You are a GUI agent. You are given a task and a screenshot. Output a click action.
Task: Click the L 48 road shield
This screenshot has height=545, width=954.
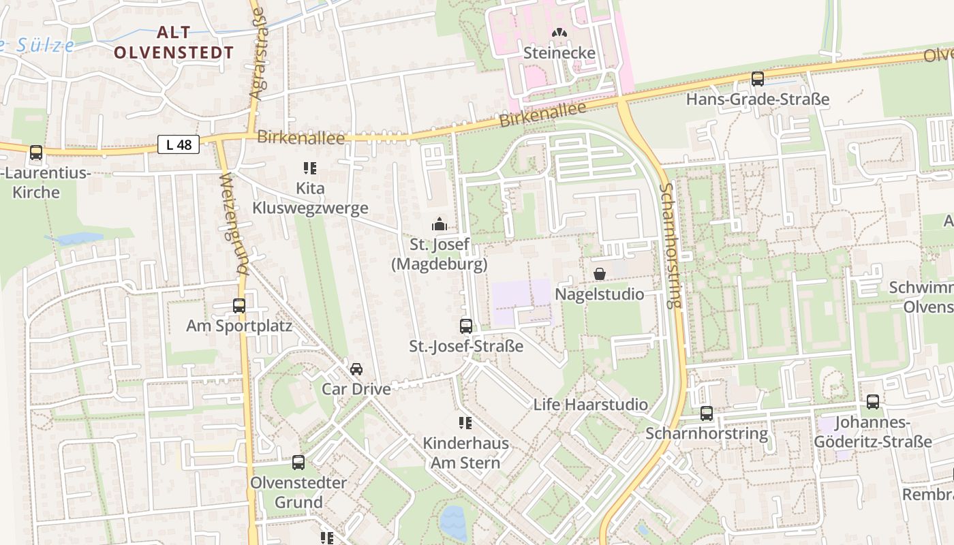tap(179, 144)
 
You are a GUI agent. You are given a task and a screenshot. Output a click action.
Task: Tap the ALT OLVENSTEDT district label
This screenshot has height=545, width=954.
tap(174, 42)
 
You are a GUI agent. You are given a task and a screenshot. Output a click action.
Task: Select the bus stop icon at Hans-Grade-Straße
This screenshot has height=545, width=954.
tap(757, 78)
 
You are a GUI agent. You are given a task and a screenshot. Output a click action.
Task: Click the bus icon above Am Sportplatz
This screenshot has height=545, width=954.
tap(238, 305)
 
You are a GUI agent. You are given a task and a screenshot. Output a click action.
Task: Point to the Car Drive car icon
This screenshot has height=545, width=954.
tap(356, 369)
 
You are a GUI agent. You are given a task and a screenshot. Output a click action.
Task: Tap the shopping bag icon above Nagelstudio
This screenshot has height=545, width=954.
tap(599, 274)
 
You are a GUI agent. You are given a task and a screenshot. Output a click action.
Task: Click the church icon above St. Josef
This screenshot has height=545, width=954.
tap(440, 223)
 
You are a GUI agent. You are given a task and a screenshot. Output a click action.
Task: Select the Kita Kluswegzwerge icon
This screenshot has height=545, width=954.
tap(309, 168)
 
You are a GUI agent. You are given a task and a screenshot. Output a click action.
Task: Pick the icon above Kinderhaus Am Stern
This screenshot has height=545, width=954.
tap(465, 423)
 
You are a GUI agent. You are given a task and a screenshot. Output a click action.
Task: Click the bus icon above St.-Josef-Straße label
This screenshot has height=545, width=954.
tap(466, 326)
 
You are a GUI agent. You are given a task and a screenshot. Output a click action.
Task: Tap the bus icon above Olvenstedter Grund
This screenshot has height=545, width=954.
tap(298, 462)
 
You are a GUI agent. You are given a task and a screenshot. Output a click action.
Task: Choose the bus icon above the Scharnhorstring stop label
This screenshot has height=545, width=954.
tap(707, 413)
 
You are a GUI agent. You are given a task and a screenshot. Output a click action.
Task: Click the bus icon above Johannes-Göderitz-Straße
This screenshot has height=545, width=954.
tap(872, 402)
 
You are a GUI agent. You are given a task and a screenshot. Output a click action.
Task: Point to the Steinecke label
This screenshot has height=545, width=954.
tap(559, 53)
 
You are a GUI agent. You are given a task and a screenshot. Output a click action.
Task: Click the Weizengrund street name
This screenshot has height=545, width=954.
tap(233, 225)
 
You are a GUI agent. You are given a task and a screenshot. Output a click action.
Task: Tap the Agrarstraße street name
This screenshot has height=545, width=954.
tap(260, 61)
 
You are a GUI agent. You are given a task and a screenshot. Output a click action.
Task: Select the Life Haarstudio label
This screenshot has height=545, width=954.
tap(590, 405)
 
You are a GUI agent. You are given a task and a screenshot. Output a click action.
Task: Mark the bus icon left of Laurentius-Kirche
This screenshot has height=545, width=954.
tap(36, 153)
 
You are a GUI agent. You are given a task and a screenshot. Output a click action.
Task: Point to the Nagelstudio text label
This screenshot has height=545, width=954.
tap(599, 294)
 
